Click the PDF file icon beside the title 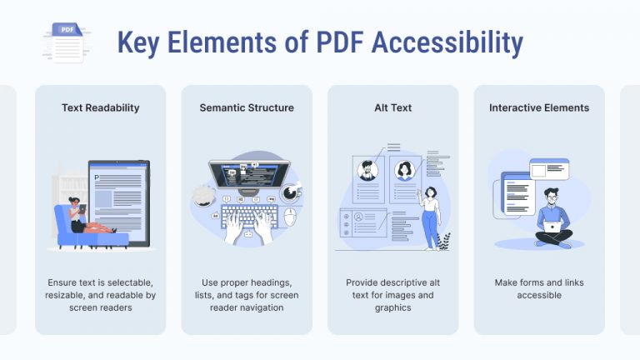click(67, 42)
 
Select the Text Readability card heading click(100, 107)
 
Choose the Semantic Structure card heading click(247, 107)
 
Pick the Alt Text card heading click(392, 107)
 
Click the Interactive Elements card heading click(539, 107)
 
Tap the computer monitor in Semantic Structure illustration click(248, 175)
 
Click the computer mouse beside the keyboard click(290, 217)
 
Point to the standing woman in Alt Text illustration click(430, 216)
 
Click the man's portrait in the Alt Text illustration click(367, 170)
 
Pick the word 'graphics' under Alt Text click(392, 307)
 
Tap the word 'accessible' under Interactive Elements click(539, 295)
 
